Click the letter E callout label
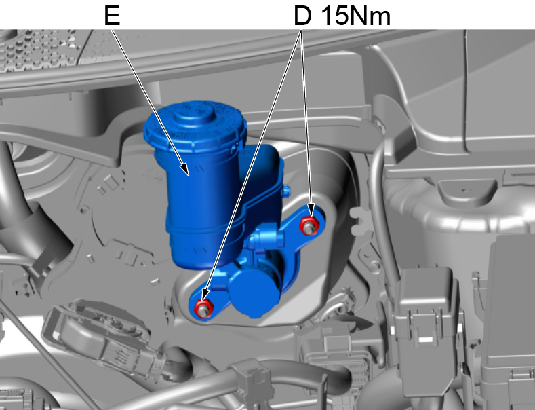113,16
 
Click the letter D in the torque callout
302,16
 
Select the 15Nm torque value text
356,16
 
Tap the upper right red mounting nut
309,225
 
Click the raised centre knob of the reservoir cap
195,114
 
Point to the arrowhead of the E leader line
185,170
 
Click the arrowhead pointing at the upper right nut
310,210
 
